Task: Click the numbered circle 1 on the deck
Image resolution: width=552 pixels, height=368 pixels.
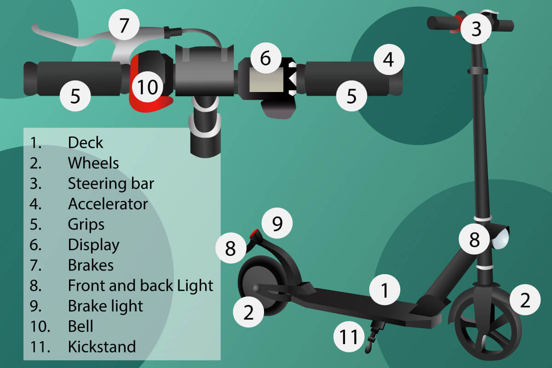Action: (x=385, y=290)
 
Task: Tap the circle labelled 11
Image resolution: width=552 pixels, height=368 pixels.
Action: (x=349, y=337)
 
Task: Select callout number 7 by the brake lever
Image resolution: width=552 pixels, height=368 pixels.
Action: (x=123, y=26)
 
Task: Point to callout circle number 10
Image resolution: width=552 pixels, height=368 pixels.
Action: (x=148, y=86)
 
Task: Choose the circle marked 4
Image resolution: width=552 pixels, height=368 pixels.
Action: (x=389, y=60)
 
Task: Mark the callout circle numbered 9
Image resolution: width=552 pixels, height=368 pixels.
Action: (x=277, y=224)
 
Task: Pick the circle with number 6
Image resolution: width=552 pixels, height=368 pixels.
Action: (x=265, y=58)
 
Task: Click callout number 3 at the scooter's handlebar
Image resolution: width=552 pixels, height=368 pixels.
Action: (x=476, y=29)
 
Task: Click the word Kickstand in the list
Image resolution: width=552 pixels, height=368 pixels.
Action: (x=102, y=346)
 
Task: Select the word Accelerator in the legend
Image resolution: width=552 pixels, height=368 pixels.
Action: (x=108, y=203)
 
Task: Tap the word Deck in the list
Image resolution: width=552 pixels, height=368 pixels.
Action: (x=86, y=143)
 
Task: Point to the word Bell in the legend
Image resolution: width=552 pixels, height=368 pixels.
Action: (x=80, y=326)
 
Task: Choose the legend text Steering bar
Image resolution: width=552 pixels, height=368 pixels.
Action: (x=111, y=184)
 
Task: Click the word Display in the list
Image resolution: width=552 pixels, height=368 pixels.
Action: (x=93, y=245)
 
